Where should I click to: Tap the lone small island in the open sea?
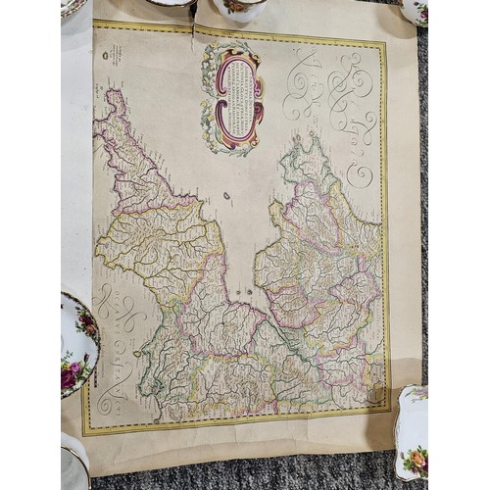(226, 195)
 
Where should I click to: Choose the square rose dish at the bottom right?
(413, 431)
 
